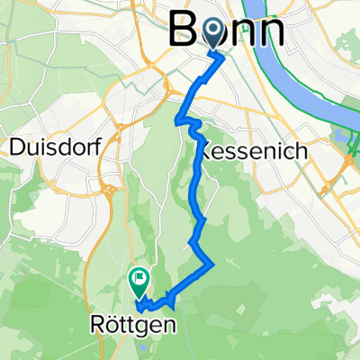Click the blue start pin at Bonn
point(213,33)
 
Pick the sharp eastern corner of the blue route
point(212,264)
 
